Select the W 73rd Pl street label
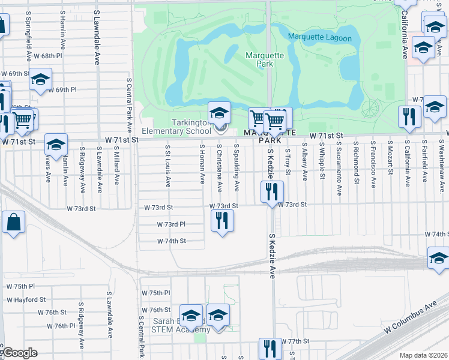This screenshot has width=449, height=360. click(171, 224)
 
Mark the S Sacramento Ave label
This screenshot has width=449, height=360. click(339, 169)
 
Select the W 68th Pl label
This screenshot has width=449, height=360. click(49, 56)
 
